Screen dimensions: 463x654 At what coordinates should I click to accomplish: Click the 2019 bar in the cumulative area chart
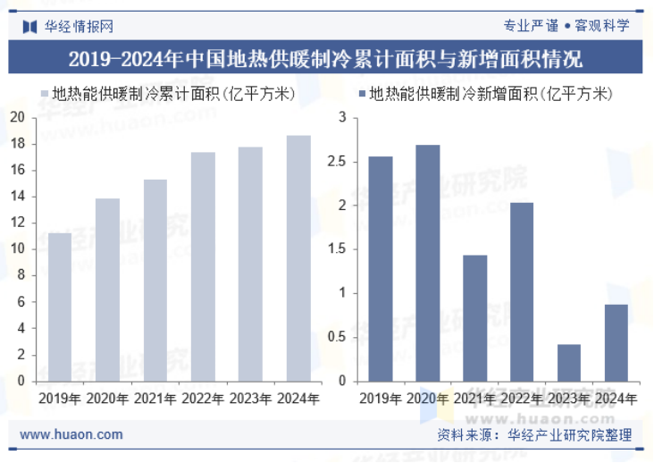point(60,307)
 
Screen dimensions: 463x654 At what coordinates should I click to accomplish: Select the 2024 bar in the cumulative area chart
point(298,258)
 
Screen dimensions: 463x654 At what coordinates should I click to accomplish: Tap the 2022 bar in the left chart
point(203,266)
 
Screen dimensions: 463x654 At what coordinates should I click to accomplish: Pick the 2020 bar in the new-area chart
point(427,263)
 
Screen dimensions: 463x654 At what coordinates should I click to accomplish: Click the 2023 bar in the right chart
point(569,363)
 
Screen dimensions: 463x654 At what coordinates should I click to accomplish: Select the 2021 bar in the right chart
point(474,318)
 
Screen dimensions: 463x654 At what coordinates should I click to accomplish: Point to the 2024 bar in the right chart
point(616,342)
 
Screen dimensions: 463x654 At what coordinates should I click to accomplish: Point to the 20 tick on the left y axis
point(18,117)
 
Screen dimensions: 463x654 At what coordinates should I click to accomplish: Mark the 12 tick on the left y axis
point(18,223)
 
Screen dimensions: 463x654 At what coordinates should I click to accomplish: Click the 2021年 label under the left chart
point(155,399)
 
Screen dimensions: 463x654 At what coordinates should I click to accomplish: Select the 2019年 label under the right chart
point(380,399)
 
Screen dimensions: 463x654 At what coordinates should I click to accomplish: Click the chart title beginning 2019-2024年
point(326,59)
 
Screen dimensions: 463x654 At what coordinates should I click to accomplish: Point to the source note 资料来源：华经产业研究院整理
point(534,435)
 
